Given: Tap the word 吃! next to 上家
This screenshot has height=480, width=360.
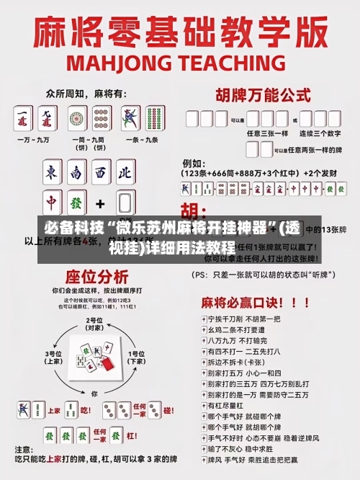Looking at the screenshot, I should coord(85,410).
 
